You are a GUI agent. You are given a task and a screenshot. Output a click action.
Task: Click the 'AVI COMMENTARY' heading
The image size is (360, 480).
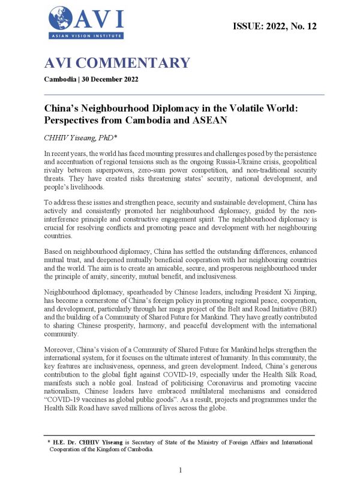117,63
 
